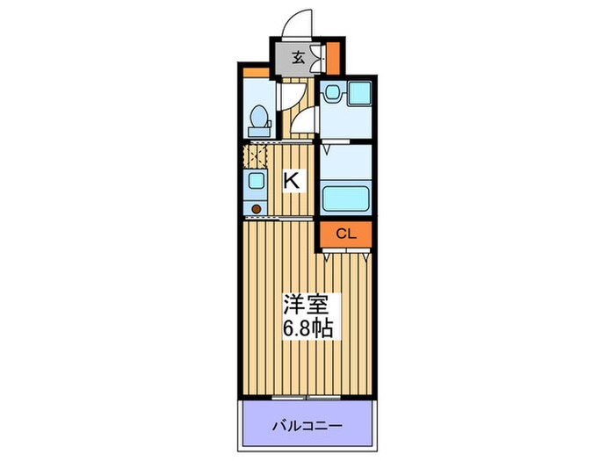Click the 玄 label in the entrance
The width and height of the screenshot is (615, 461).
(299, 59)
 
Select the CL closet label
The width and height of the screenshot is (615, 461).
(345, 234)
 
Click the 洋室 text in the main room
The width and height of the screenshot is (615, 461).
(303, 306)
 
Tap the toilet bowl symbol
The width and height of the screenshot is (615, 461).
(259, 118)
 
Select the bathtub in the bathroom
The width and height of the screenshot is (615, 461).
(346, 198)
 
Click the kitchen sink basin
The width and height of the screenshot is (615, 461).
(255, 181)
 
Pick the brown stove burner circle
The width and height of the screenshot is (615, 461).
(256, 208)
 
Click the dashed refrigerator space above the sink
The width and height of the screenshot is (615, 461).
(255, 156)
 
